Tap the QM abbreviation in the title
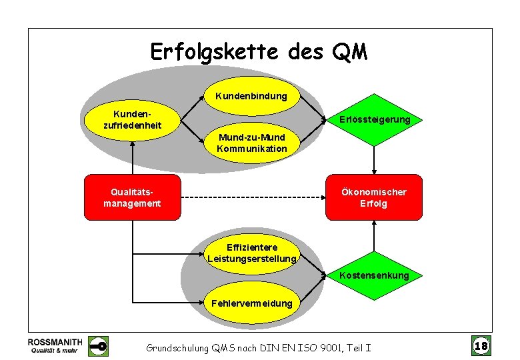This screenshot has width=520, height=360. click(349, 52)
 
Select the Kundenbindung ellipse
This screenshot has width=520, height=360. click(251, 96)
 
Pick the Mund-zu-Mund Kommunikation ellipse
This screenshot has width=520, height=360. click(251, 143)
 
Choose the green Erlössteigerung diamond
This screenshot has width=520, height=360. click(374, 120)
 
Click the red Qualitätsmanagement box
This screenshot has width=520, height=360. click(132, 197)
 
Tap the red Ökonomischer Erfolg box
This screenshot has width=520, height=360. click(373, 197)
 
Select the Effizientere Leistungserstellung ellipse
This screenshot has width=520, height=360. click(251, 253)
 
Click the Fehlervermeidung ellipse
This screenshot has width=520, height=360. click(251, 303)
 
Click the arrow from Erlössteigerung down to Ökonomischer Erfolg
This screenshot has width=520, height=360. click(374, 160)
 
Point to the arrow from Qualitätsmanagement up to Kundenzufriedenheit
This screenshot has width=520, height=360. click(133, 157)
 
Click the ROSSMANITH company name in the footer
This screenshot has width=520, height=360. click(55, 341)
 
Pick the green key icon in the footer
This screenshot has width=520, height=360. click(99, 346)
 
